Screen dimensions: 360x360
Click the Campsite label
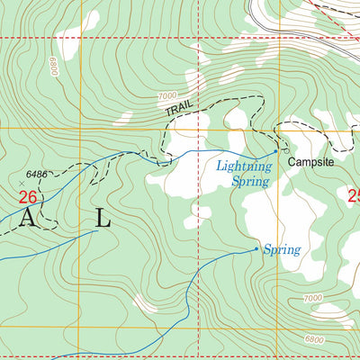pyautogui.click(x=310, y=163)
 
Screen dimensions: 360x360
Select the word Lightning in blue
pyautogui.click(x=243, y=166)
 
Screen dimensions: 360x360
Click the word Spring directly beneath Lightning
pyautogui.click(x=250, y=181)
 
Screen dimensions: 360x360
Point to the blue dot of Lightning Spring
pyautogui.click(x=275, y=151)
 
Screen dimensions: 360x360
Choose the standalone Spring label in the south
pyautogui.click(x=281, y=248)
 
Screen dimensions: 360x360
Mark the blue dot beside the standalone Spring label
pyautogui.click(x=256, y=248)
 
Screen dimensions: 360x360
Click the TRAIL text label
pyautogui.click(x=179, y=109)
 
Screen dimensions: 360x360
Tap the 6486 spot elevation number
pyautogui.click(x=36, y=173)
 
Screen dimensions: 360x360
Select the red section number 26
pyautogui.click(x=28, y=196)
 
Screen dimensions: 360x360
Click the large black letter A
pyautogui.click(x=30, y=218)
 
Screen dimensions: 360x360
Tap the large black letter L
pyautogui.click(x=103, y=218)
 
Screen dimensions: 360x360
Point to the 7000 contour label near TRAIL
pyautogui.click(x=166, y=95)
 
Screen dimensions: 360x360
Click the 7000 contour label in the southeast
pyautogui.click(x=312, y=298)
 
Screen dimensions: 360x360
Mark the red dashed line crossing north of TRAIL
pyautogui.click(x=198, y=39)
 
